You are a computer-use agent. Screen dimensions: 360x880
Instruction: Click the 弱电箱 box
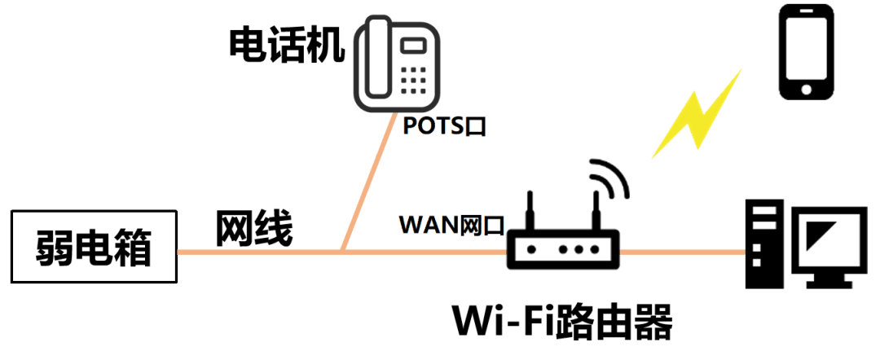[94, 248]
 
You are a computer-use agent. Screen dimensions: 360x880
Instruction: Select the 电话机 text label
[285, 46]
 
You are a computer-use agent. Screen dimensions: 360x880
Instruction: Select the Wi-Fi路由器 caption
[563, 323]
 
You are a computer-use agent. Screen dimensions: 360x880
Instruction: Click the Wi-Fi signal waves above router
[609, 178]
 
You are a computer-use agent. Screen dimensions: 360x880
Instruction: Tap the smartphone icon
[807, 52]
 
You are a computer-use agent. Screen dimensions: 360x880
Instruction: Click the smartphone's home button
[807, 87]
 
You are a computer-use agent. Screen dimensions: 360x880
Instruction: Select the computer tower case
[767, 245]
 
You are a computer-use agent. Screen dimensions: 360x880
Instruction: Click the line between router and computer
[683, 252]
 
